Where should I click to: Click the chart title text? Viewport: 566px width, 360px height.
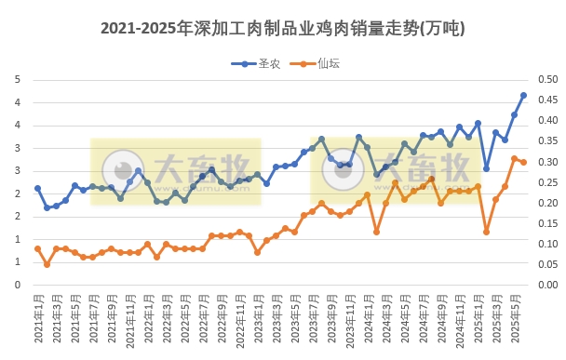(x=282, y=29)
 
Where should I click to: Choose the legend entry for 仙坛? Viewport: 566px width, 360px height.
(x=321, y=63)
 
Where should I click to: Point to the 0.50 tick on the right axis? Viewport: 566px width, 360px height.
(x=548, y=79)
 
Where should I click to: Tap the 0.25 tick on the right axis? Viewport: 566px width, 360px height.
(x=548, y=182)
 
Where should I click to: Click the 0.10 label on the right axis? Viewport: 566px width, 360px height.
(x=548, y=244)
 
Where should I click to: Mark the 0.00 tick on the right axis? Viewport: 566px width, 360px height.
(x=548, y=286)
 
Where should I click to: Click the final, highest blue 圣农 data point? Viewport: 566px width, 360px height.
(x=523, y=95)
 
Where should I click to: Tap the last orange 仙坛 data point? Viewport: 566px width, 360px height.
(x=523, y=163)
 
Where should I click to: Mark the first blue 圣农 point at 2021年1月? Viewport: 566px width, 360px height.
(x=38, y=188)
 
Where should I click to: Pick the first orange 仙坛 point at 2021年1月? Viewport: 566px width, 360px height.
(x=38, y=248)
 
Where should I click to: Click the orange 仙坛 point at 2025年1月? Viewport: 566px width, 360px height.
(x=487, y=232)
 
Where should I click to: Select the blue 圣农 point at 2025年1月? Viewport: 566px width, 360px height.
(x=487, y=168)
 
